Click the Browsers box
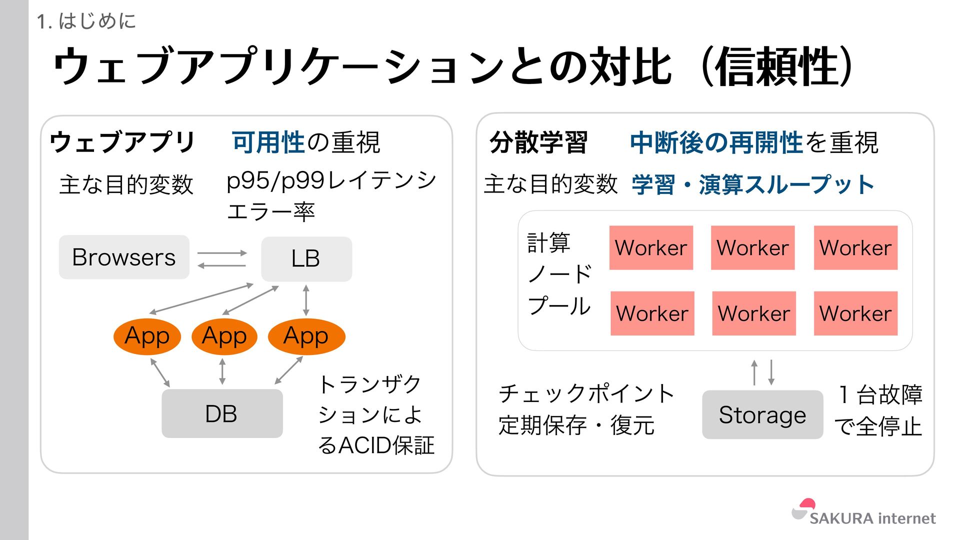click(124, 257)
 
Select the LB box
click(306, 259)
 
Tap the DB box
click(222, 413)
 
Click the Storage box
click(762, 414)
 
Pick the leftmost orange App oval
click(147, 336)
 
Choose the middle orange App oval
click(224, 336)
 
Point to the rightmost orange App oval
click(306, 336)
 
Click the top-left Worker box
click(651, 248)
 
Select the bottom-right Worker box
click(855, 313)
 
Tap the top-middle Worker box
click(752, 248)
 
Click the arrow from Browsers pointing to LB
click(222, 253)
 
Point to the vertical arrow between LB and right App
click(306, 300)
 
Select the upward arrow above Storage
click(754, 372)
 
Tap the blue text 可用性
click(268, 142)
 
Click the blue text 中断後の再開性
click(716, 143)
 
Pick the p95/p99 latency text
click(331, 181)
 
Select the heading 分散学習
click(538, 143)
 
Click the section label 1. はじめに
click(86, 21)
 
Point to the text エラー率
click(270, 212)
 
